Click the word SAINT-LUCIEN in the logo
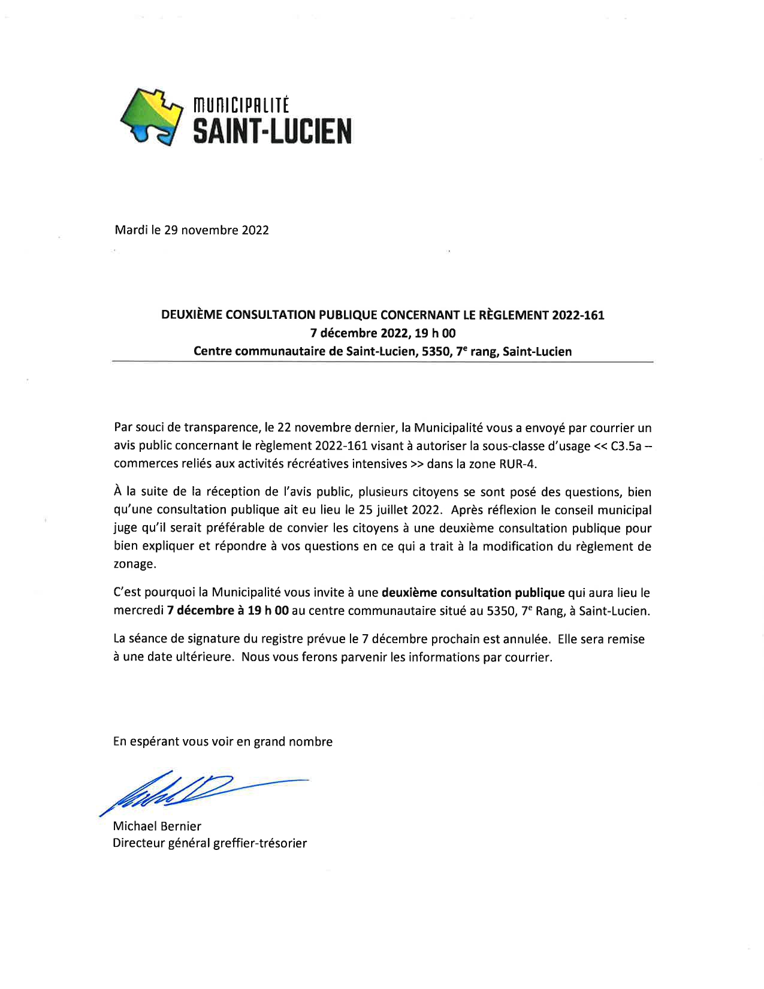pyautogui.click(x=271, y=131)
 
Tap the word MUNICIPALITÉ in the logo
pyautogui.click(x=240, y=105)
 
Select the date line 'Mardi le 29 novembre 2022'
pyautogui.click(x=192, y=230)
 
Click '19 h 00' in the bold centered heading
pyautogui.click(x=435, y=333)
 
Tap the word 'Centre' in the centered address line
pyautogui.click(x=213, y=352)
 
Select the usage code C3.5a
pyautogui.click(x=626, y=447)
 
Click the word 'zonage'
pyautogui.click(x=134, y=565)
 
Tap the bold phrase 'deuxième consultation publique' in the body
pyautogui.click(x=473, y=593)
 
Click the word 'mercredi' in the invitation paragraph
pyautogui.click(x=138, y=611)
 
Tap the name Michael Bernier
pyautogui.click(x=157, y=826)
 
